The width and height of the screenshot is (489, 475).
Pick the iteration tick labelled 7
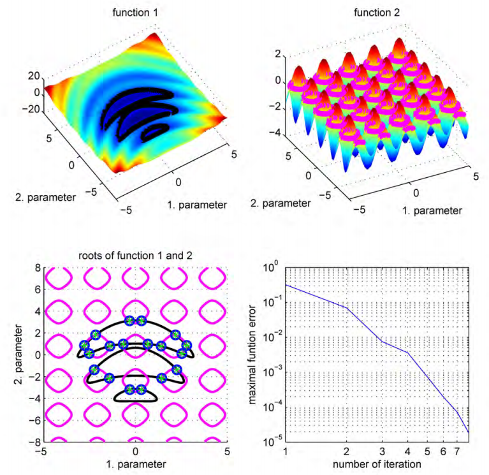(x=456, y=451)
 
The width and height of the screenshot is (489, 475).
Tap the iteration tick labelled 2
(x=346, y=451)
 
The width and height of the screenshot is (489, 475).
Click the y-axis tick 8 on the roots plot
(x=38, y=268)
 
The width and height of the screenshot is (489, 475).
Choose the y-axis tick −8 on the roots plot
(x=36, y=442)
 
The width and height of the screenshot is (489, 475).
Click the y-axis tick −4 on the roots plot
(x=36, y=398)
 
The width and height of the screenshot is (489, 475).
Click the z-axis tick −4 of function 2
(x=276, y=133)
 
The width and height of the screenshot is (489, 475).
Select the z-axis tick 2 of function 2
(x=279, y=55)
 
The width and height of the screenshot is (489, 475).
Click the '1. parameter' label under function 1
(x=196, y=205)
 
